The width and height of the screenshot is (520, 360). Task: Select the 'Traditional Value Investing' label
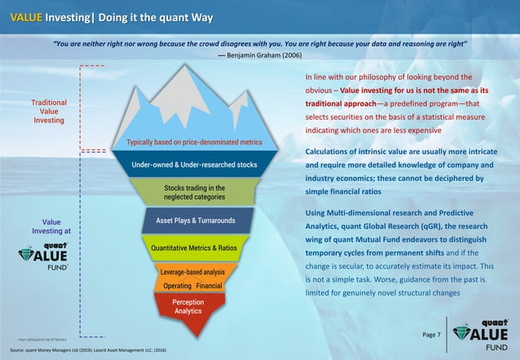coord(49,112)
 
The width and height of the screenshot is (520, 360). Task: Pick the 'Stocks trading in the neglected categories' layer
coord(195,193)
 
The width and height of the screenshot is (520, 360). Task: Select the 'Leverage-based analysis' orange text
coord(192,271)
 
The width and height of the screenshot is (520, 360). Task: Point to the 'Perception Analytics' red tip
coord(187,306)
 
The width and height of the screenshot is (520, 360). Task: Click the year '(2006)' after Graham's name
coord(293,55)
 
